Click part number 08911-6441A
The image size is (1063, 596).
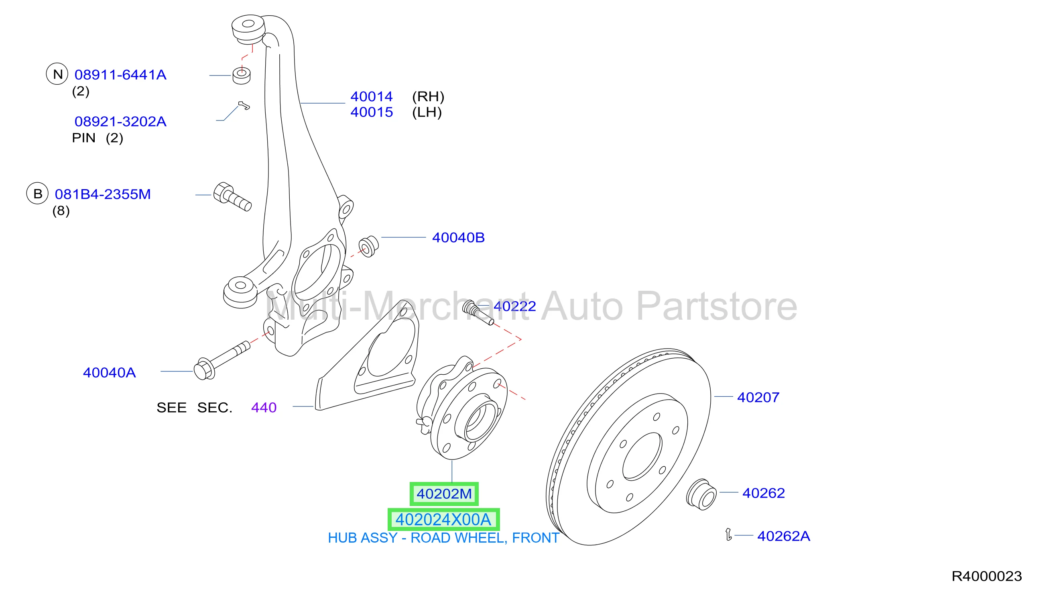coord(120,75)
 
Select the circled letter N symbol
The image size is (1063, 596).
coord(57,74)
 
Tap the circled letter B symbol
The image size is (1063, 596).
coord(38,193)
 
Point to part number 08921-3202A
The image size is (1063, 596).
coord(120,121)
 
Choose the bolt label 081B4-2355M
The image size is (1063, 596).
coord(103,194)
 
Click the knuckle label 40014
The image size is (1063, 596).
coord(372,96)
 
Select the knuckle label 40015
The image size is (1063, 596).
coord(372,112)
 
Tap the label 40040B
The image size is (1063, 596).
coord(458,237)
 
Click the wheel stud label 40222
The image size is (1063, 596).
coord(514,306)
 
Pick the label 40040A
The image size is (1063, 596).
coord(110,373)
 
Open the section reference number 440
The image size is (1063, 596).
coord(264,408)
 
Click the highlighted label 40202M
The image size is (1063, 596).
coord(444,494)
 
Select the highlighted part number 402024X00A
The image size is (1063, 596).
coord(443,520)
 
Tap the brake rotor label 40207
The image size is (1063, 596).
coord(758,397)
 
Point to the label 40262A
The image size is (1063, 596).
coord(784,536)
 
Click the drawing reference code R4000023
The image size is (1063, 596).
coord(987,576)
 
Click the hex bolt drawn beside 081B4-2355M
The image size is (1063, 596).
coord(232,197)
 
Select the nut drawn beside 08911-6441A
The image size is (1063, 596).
coord(242,76)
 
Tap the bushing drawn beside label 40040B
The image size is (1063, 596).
coord(368,246)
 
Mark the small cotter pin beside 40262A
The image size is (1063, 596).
coord(729,535)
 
